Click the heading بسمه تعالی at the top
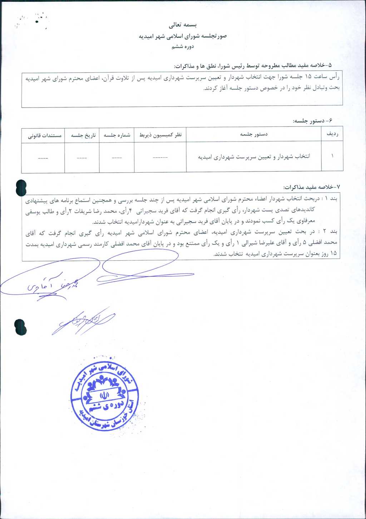[x=183, y=25]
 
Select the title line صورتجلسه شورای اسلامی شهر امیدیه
[x=183, y=36]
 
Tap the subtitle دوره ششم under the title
[x=183, y=46]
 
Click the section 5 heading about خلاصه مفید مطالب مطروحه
[x=253, y=66]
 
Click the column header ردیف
[x=332, y=134]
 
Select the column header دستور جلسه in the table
[x=254, y=134]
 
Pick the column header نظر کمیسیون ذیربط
[x=160, y=135]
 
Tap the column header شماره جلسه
[x=117, y=135]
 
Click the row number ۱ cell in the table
[x=332, y=156]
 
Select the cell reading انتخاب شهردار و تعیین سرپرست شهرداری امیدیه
[x=254, y=157]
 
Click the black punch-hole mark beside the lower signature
[x=21, y=327]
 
